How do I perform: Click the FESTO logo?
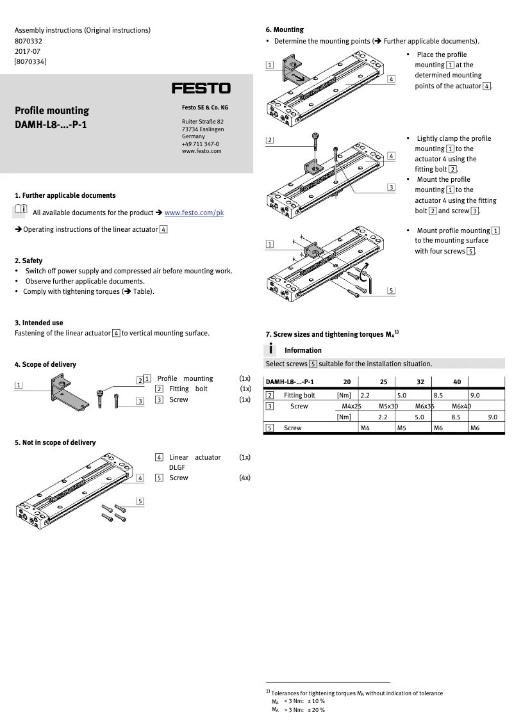click(201, 88)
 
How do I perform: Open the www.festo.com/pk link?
click(194, 213)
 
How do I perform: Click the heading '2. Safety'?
click(29, 261)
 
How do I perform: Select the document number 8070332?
click(28, 40)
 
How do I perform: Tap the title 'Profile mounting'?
click(52, 111)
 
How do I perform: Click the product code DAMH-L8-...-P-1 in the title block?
click(51, 124)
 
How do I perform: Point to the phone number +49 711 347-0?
click(201, 144)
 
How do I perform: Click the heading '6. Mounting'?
click(285, 29)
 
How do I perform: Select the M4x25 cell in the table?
click(352, 406)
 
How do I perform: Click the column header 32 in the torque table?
click(420, 382)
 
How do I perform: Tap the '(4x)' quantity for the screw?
click(244, 478)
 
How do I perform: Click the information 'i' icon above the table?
click(272, 349)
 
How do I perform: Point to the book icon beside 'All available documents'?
click(21, 211)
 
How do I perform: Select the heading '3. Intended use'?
click(39, 323)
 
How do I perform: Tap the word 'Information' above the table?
click(303, 350)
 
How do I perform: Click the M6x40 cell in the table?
click(461, 406)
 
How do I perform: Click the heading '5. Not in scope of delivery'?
click(55, 442)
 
